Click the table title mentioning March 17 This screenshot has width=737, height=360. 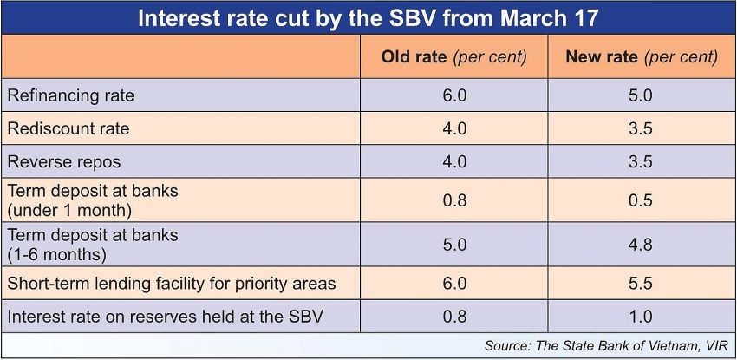click(368, 18)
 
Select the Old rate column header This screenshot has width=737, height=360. click(453, 57)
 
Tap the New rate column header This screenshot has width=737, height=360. click(642, 57)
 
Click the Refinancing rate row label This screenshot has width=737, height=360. click(71, 95)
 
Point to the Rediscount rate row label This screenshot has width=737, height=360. click(68, 128)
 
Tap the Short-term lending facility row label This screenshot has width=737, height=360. click(171, 283)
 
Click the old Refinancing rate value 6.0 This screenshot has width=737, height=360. click(453, 95)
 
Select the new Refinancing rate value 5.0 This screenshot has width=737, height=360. click(640, 95)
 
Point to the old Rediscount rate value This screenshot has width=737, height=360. click(453, 128)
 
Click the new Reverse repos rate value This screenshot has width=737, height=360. click(640, 161)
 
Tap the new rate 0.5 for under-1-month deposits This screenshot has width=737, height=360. click(640, 200)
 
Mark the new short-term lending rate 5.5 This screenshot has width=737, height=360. click(640, 283)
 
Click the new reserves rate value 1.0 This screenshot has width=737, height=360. click(640, 316)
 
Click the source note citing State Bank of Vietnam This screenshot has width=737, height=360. click(606, 346)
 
